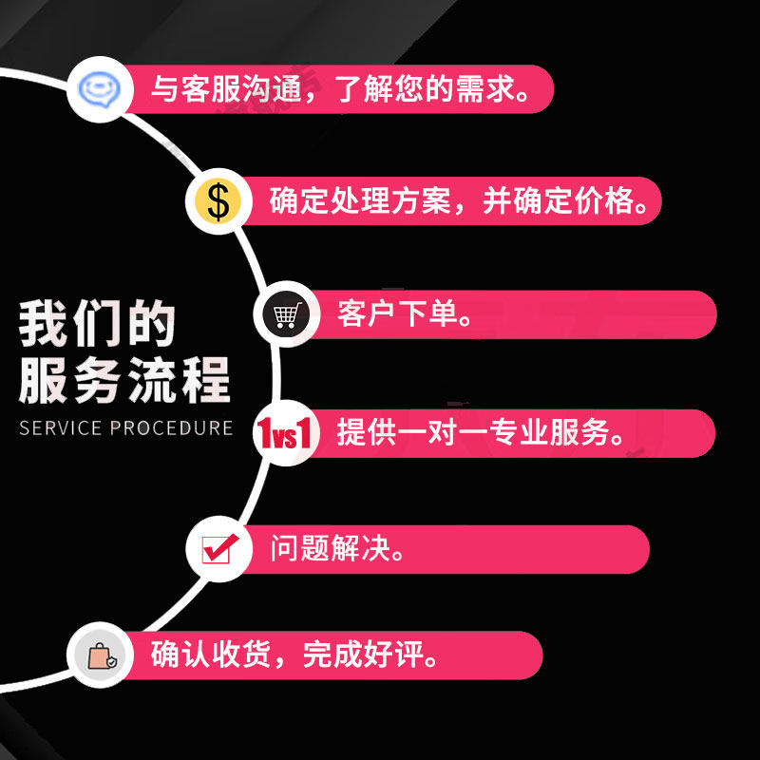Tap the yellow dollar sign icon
218,201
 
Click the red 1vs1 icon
285,434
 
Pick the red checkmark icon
218,549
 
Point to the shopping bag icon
100,655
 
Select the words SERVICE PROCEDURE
125,427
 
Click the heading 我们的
97,325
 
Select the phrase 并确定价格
555,201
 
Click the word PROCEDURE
171,427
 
